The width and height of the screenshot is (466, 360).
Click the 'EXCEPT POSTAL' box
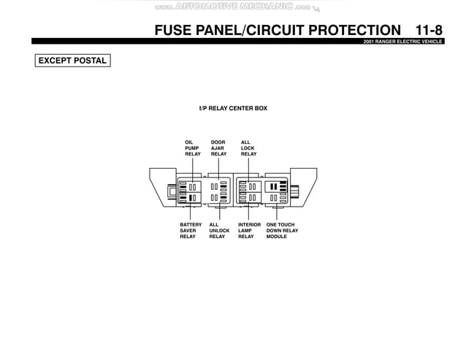pos(72,61)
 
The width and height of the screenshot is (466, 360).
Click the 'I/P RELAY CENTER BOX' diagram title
pos(233,108)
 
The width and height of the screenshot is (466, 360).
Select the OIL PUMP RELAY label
pos(193,148)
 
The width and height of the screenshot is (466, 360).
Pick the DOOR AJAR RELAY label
pos(218,148)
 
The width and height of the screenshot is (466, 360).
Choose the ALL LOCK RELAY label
pos(248,148)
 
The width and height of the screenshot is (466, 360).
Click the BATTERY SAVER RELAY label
pos(191,231)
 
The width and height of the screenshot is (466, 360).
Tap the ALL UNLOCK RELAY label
pos(218,231)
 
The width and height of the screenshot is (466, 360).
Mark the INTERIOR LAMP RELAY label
pos(249,231)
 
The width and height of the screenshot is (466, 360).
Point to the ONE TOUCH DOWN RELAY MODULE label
pos(282,231)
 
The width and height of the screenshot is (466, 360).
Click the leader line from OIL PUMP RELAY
pos(193,168)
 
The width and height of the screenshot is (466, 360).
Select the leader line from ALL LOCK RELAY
pos(248,168)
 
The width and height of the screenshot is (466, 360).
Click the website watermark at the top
pos(233,7)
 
